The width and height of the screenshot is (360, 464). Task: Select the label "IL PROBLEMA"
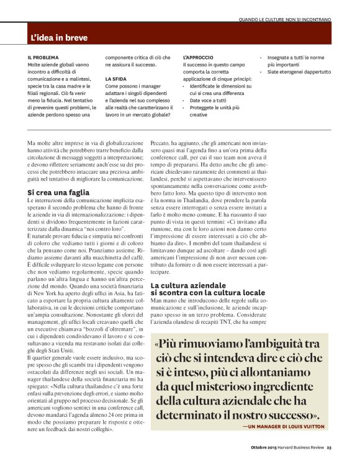[43, 57]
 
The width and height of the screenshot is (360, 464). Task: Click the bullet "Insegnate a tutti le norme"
[297, 57]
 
